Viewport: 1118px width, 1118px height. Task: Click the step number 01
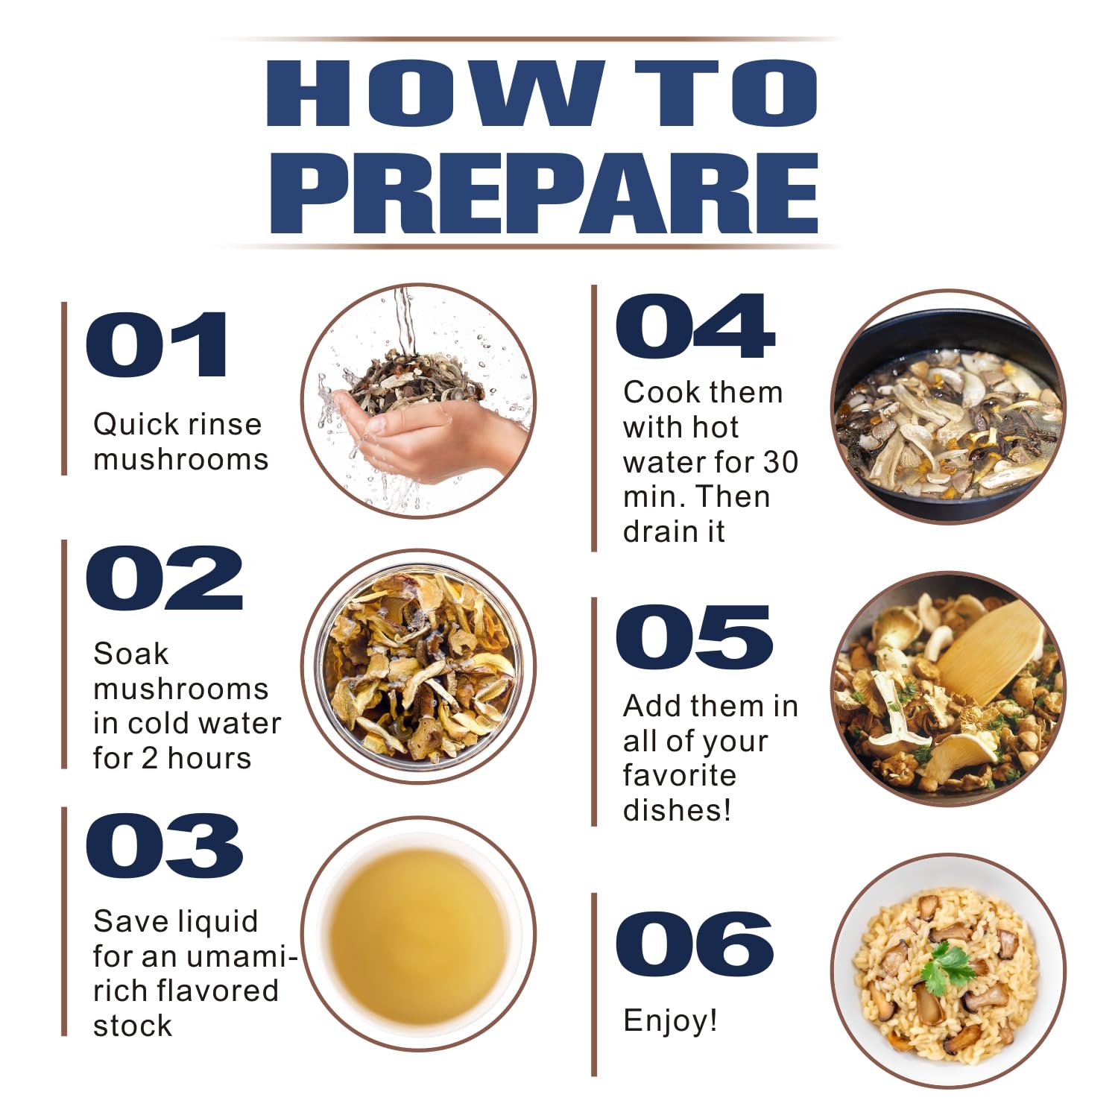[157, 344]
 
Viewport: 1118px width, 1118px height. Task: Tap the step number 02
[165, 578]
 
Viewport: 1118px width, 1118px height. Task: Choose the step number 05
[695, 637]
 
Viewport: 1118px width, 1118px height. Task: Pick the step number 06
[695, 944]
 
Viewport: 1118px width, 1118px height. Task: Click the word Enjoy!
[670, 1021]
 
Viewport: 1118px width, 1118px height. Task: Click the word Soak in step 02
[131, 654]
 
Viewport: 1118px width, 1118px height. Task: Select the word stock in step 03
[133, 1026]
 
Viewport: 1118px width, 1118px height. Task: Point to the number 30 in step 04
[780, 462]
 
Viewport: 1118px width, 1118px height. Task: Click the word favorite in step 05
[680, 775]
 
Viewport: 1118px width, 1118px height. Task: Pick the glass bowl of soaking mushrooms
[418, 666]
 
